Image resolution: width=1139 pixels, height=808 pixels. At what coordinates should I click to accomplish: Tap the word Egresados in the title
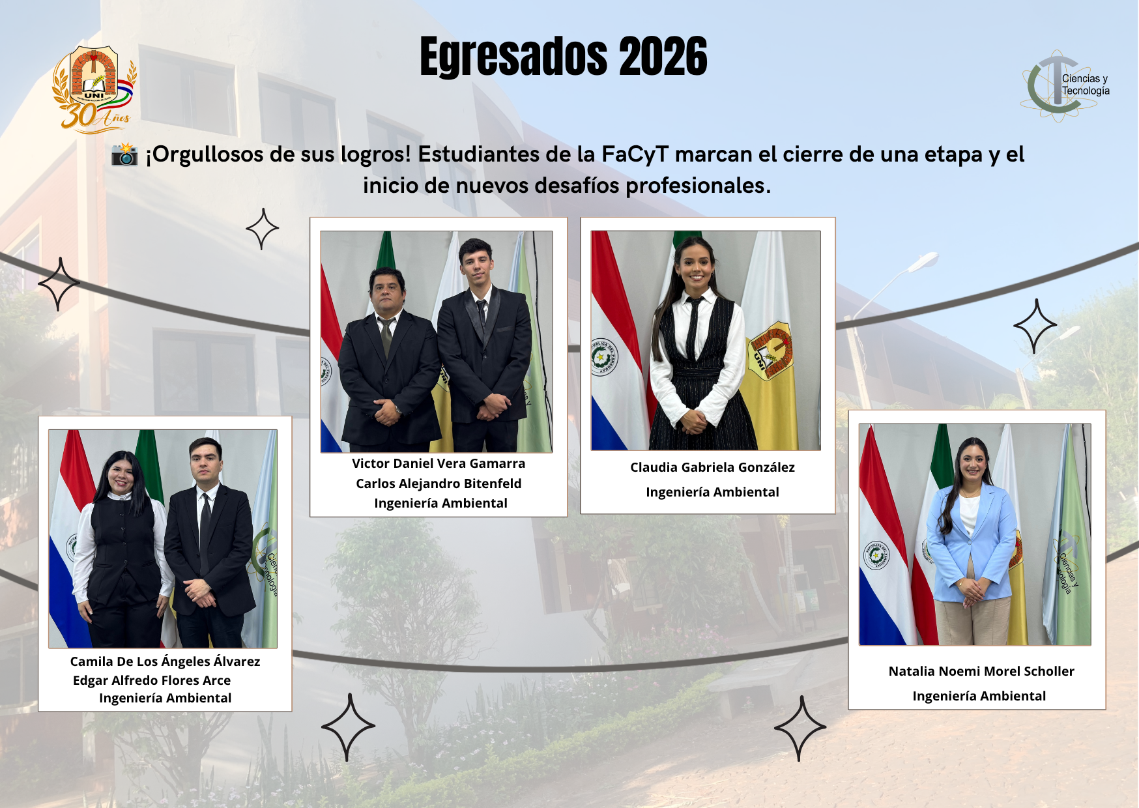[x=514, y=57]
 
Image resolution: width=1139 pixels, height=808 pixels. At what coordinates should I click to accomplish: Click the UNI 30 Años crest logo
[x=95, y=89]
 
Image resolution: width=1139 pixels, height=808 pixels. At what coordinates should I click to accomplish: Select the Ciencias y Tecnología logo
[x=1066, y=85]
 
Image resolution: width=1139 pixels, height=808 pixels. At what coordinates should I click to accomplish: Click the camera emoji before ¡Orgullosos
[x=124, y=154]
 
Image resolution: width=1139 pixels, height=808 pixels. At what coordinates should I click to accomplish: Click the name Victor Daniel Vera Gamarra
[x=439, y=463]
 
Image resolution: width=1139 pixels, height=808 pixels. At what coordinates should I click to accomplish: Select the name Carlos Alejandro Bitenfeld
[x=439, y=483]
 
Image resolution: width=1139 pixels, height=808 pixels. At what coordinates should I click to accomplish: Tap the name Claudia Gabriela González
[x=712, y=467]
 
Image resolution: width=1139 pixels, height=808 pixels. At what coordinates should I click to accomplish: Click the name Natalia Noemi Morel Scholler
[x=981, y=671]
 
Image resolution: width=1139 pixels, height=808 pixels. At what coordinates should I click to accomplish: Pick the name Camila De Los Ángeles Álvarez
[x=165, y=661]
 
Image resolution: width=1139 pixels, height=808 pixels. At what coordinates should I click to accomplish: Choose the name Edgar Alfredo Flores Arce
[x=152, y=680]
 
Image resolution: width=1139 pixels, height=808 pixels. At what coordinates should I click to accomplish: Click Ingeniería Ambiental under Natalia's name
[x=979, y=696]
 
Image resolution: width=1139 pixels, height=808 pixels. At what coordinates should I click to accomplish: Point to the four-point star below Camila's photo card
[x=348, y=727]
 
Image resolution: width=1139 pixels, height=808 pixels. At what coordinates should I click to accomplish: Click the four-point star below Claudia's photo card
[x=800, y=728]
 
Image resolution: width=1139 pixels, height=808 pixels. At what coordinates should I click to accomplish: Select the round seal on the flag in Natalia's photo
[x=876, y=555]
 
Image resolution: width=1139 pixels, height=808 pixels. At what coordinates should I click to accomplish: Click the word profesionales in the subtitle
[x=698, y=186]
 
